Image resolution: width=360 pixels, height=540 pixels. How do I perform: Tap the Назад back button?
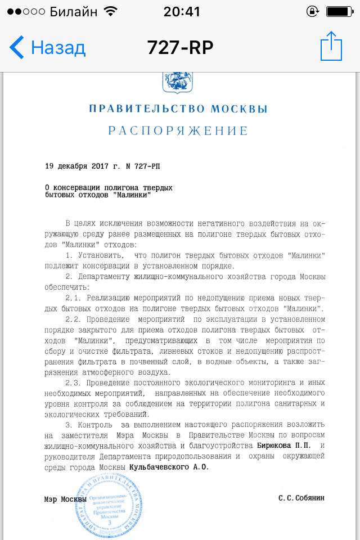click(x=48, y=48)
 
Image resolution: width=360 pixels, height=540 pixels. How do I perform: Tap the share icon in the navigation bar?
click(x=331, y=46)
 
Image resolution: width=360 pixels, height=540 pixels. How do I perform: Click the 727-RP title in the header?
click(x=180, y=48)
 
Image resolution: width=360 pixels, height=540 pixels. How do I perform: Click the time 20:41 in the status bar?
click(x=181, y=11)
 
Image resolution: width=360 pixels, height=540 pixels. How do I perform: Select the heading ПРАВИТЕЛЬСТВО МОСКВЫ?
click(x=178, y=109)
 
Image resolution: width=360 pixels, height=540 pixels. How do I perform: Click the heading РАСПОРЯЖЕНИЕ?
click(x=178, y=131)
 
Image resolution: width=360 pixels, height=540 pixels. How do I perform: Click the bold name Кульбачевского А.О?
click(x=169, y=467)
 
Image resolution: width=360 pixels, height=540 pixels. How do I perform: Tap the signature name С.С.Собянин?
click(x=301, y=498)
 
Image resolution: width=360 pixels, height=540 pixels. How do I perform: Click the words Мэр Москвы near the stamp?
click(x=65, y=499)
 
